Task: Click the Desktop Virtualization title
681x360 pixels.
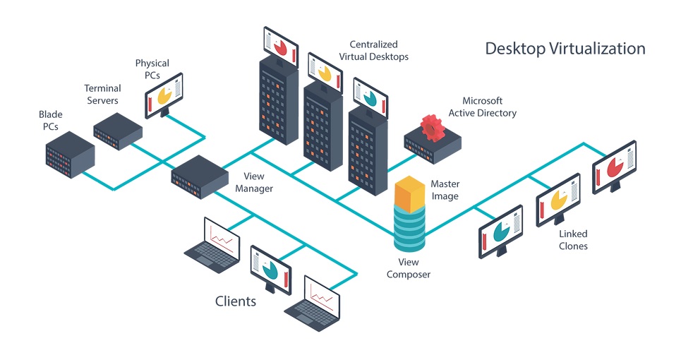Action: [x=565, y=49]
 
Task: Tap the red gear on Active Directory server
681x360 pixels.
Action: [x=433, y=128]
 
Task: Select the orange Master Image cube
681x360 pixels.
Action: [x=409, y=194]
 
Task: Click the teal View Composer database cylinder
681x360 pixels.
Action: [x=409, y=229]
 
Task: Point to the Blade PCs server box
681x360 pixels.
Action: [x=70, y=155]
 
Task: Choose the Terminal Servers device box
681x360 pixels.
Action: [x=118, y=131]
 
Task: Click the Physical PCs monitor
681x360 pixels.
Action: [x=164, y=95]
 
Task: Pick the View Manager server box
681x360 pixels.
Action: [x=200, y=177]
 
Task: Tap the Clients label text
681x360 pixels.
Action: [x=236, y=301]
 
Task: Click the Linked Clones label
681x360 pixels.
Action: [x=573, y=240]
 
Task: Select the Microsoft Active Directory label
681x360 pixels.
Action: [x=483, y=107]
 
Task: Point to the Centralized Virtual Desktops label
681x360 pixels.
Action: [x=373, y=50]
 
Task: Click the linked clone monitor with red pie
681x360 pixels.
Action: [x=614, y=167]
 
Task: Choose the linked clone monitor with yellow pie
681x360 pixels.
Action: [x=558, y=200]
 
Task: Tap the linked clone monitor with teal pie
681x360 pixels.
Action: [x=501, y=232]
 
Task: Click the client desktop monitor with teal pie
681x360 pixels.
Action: [x=270, y=270]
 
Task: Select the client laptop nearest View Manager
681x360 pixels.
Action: [x=212, y=246]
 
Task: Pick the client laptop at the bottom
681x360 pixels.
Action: [x=312, y=304]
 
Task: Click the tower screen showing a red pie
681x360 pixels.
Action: [x=281, y=47]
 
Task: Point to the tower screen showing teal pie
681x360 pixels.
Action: [x=370, y=98]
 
